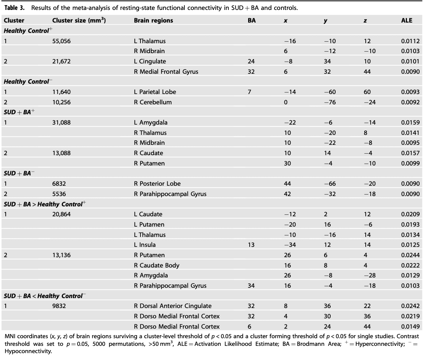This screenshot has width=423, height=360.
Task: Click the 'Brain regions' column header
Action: [153, 21]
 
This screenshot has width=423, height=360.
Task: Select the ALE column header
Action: [407, 21]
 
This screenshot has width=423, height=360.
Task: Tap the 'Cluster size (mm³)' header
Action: [79, 21]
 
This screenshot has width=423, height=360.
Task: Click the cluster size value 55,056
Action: [61, 41]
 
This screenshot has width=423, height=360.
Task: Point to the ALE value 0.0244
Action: [410, 255]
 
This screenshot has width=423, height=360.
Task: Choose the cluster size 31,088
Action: [61, 122]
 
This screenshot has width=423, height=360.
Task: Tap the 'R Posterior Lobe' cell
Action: [157, 183]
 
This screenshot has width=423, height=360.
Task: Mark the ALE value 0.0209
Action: [410, 214]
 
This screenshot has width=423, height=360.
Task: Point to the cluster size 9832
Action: [60, 306]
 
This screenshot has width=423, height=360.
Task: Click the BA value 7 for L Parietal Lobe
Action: [249, 92]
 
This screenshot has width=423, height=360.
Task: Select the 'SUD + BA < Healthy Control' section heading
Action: [43, 296]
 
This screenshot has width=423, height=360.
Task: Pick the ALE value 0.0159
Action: [410, 122]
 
